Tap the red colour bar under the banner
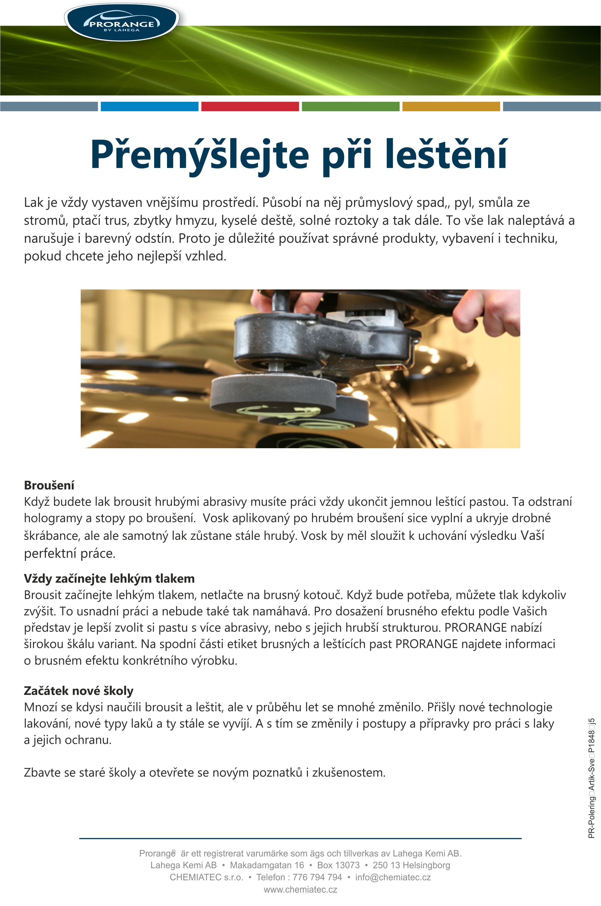click(x=250, y=106)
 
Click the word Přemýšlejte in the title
click(x=199, y=155)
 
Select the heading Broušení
click(x=49, y=485)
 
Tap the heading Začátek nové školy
click(x=79, y=691)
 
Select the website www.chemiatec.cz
click(x=300, y=889)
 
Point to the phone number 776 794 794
click(x=317, y=877)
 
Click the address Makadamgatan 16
click(x=267, y=865)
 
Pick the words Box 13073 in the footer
click(x=338, y=865)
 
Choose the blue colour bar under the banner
click(x=150, y=106)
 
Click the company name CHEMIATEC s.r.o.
click(x=206, y=877)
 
